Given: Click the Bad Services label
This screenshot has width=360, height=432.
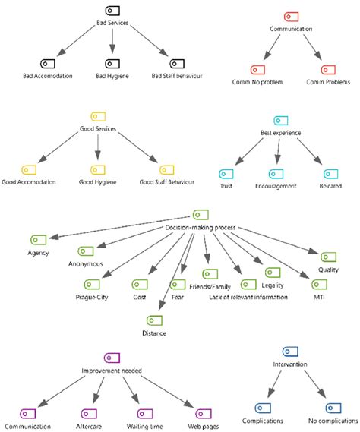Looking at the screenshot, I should coord(112,24).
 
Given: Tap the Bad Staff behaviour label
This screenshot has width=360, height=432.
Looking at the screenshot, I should coord(177,76).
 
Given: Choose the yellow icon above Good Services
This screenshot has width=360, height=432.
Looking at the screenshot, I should coord(98,116).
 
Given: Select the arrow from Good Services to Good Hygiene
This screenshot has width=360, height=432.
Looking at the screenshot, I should coord(98,147).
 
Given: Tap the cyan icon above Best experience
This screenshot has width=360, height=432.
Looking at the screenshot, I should coord(280,121).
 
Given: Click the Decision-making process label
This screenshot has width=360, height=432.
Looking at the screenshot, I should coord(201,227).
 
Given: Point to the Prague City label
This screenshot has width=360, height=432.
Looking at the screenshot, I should coord(91,297).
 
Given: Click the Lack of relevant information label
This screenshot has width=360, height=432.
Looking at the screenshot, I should coord(248,297).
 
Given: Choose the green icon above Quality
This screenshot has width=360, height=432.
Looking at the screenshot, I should coord(328,257).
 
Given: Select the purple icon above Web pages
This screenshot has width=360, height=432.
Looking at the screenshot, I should coord(202,414).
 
